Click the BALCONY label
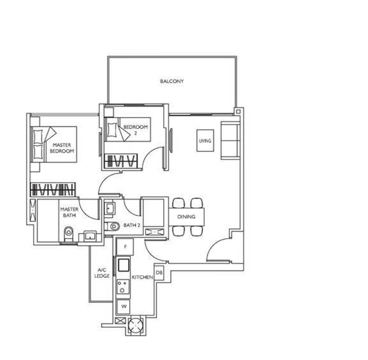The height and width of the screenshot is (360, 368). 172,81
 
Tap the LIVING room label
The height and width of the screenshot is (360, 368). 205,141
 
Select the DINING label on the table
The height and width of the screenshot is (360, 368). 186,217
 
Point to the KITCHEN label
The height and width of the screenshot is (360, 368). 142,277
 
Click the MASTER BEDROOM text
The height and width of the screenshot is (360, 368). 62,148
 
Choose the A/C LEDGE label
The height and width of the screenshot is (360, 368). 102,273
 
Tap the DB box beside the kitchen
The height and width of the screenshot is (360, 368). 159,273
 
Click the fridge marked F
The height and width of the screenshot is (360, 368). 126,247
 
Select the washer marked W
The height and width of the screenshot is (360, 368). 123,306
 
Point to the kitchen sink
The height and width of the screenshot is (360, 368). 123,265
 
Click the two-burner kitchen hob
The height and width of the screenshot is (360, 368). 123,286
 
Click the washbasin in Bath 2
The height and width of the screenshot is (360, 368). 110,208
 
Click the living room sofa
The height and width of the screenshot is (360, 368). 230,141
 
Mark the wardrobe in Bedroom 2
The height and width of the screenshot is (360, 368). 121,161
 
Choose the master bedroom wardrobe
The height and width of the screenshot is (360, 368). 53,190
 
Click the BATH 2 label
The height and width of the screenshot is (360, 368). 132,225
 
